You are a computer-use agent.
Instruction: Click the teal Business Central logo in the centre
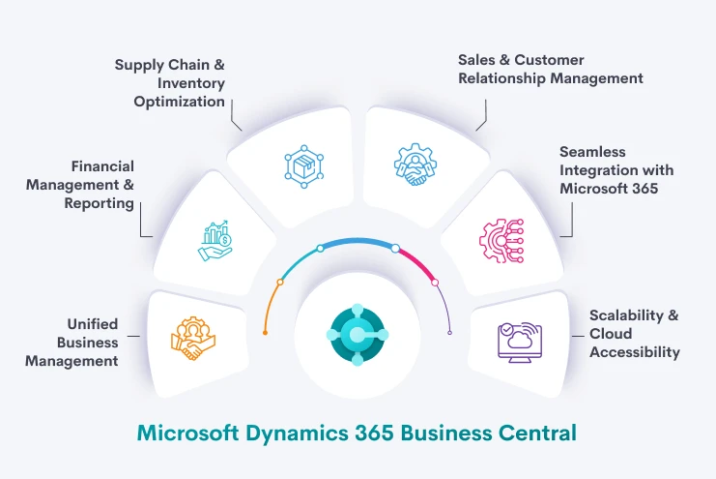357,334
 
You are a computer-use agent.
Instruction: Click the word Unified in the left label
93,324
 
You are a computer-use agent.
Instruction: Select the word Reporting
99,203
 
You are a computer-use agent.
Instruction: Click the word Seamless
593,152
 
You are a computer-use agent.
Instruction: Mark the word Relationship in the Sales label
502,78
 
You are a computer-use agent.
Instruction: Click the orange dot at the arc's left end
265,332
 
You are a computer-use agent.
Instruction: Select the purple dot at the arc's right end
449,332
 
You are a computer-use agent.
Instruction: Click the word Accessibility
634,352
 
